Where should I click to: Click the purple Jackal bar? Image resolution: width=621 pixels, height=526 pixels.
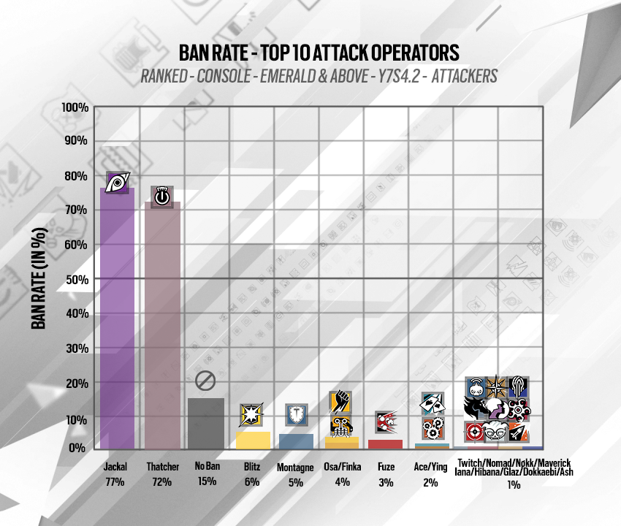click(117, 318)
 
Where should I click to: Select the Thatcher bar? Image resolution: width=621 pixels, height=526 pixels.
click(161, 325)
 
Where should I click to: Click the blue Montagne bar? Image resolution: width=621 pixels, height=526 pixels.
click(296, 441)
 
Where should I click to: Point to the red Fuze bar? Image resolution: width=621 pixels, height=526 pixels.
click(386, 443)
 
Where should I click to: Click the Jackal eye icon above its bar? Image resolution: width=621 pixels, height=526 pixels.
click(118, 183)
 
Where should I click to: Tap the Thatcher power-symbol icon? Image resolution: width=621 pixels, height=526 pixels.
click(161, 196)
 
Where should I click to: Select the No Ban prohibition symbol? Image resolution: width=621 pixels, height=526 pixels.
click(205, 381)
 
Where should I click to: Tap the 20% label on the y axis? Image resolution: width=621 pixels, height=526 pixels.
click(77, 384)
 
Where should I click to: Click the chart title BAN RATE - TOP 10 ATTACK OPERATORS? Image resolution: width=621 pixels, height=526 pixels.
click(319, 53)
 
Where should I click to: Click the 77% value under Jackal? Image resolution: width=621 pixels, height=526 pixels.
click(115, 481)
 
